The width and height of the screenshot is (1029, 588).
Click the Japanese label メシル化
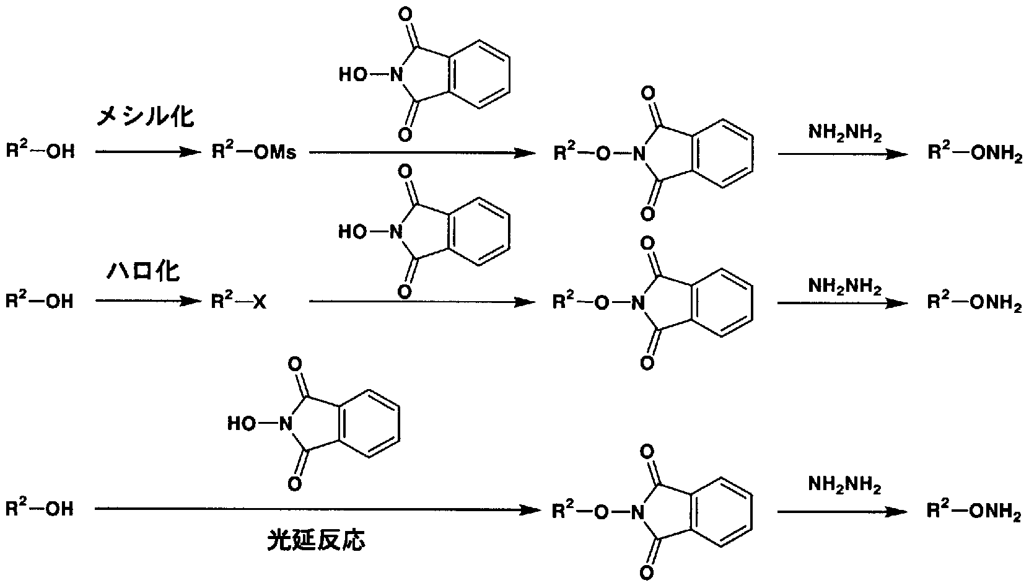pos(145,116)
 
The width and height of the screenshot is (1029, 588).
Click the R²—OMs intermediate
pos(253,151)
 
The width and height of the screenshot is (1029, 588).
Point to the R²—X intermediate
pos(239,301)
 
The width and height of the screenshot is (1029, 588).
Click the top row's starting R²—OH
pos(40,150)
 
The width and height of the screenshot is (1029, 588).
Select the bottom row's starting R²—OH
pos(40,508)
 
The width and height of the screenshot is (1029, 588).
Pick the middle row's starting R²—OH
pos(40,301)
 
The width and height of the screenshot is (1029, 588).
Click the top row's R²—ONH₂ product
pos(975,152)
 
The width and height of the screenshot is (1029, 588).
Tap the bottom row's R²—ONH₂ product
pos(974,511)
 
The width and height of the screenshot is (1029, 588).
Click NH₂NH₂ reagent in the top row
pos(845,133)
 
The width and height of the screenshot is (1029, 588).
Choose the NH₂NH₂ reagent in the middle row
pos(845,286)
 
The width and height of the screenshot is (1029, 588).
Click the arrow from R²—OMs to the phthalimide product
pos(423,152)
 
